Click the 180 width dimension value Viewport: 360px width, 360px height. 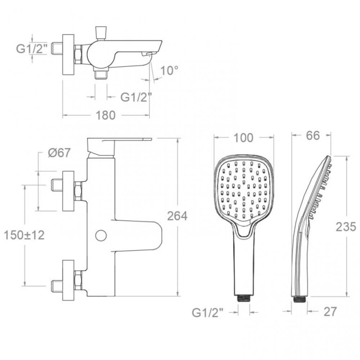105,115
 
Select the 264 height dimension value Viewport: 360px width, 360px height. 177,216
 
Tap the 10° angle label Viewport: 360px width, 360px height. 169,71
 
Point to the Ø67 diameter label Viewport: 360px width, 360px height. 59,153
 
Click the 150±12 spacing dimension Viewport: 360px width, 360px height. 24,235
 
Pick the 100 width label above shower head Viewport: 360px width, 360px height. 243,138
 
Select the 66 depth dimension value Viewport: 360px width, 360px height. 313,135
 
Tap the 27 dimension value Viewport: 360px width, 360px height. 330,311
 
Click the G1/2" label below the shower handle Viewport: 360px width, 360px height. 208,312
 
